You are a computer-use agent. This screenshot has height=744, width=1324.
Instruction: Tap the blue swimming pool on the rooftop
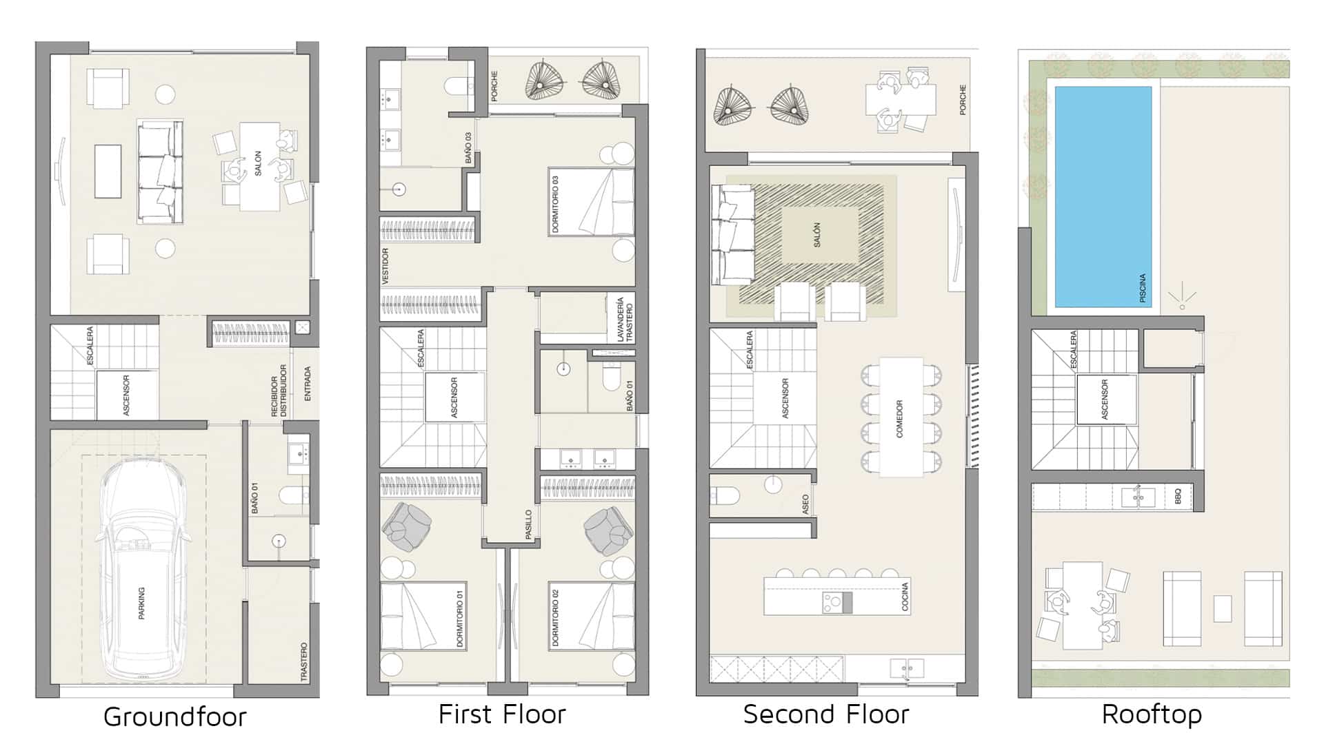point(1103,196)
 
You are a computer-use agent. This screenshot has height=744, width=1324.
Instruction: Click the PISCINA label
point(1142,289)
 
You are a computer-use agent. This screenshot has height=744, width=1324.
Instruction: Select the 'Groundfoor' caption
point(174,716)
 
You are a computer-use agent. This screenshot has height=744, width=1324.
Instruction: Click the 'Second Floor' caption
point(826,714)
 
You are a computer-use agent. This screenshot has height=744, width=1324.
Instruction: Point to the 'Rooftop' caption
point(1152,714)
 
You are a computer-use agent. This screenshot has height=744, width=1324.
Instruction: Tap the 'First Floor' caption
point(502,714)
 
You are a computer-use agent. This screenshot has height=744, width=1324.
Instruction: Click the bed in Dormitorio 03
point(591,201)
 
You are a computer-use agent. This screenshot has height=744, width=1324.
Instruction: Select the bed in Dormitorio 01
point(423,616)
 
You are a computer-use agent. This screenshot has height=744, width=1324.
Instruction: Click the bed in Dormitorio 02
point(592,616)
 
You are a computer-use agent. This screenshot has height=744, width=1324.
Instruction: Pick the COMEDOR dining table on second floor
point(901,417)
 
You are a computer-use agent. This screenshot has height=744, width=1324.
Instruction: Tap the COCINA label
point(905,597)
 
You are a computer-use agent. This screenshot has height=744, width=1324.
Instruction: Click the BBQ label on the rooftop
point(1178,496)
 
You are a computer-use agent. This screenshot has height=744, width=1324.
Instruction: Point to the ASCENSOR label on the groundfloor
point(126,395)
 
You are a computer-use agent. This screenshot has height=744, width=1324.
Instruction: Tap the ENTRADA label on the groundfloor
point(308,384)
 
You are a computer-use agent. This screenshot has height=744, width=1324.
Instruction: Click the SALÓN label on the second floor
point(817,235)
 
